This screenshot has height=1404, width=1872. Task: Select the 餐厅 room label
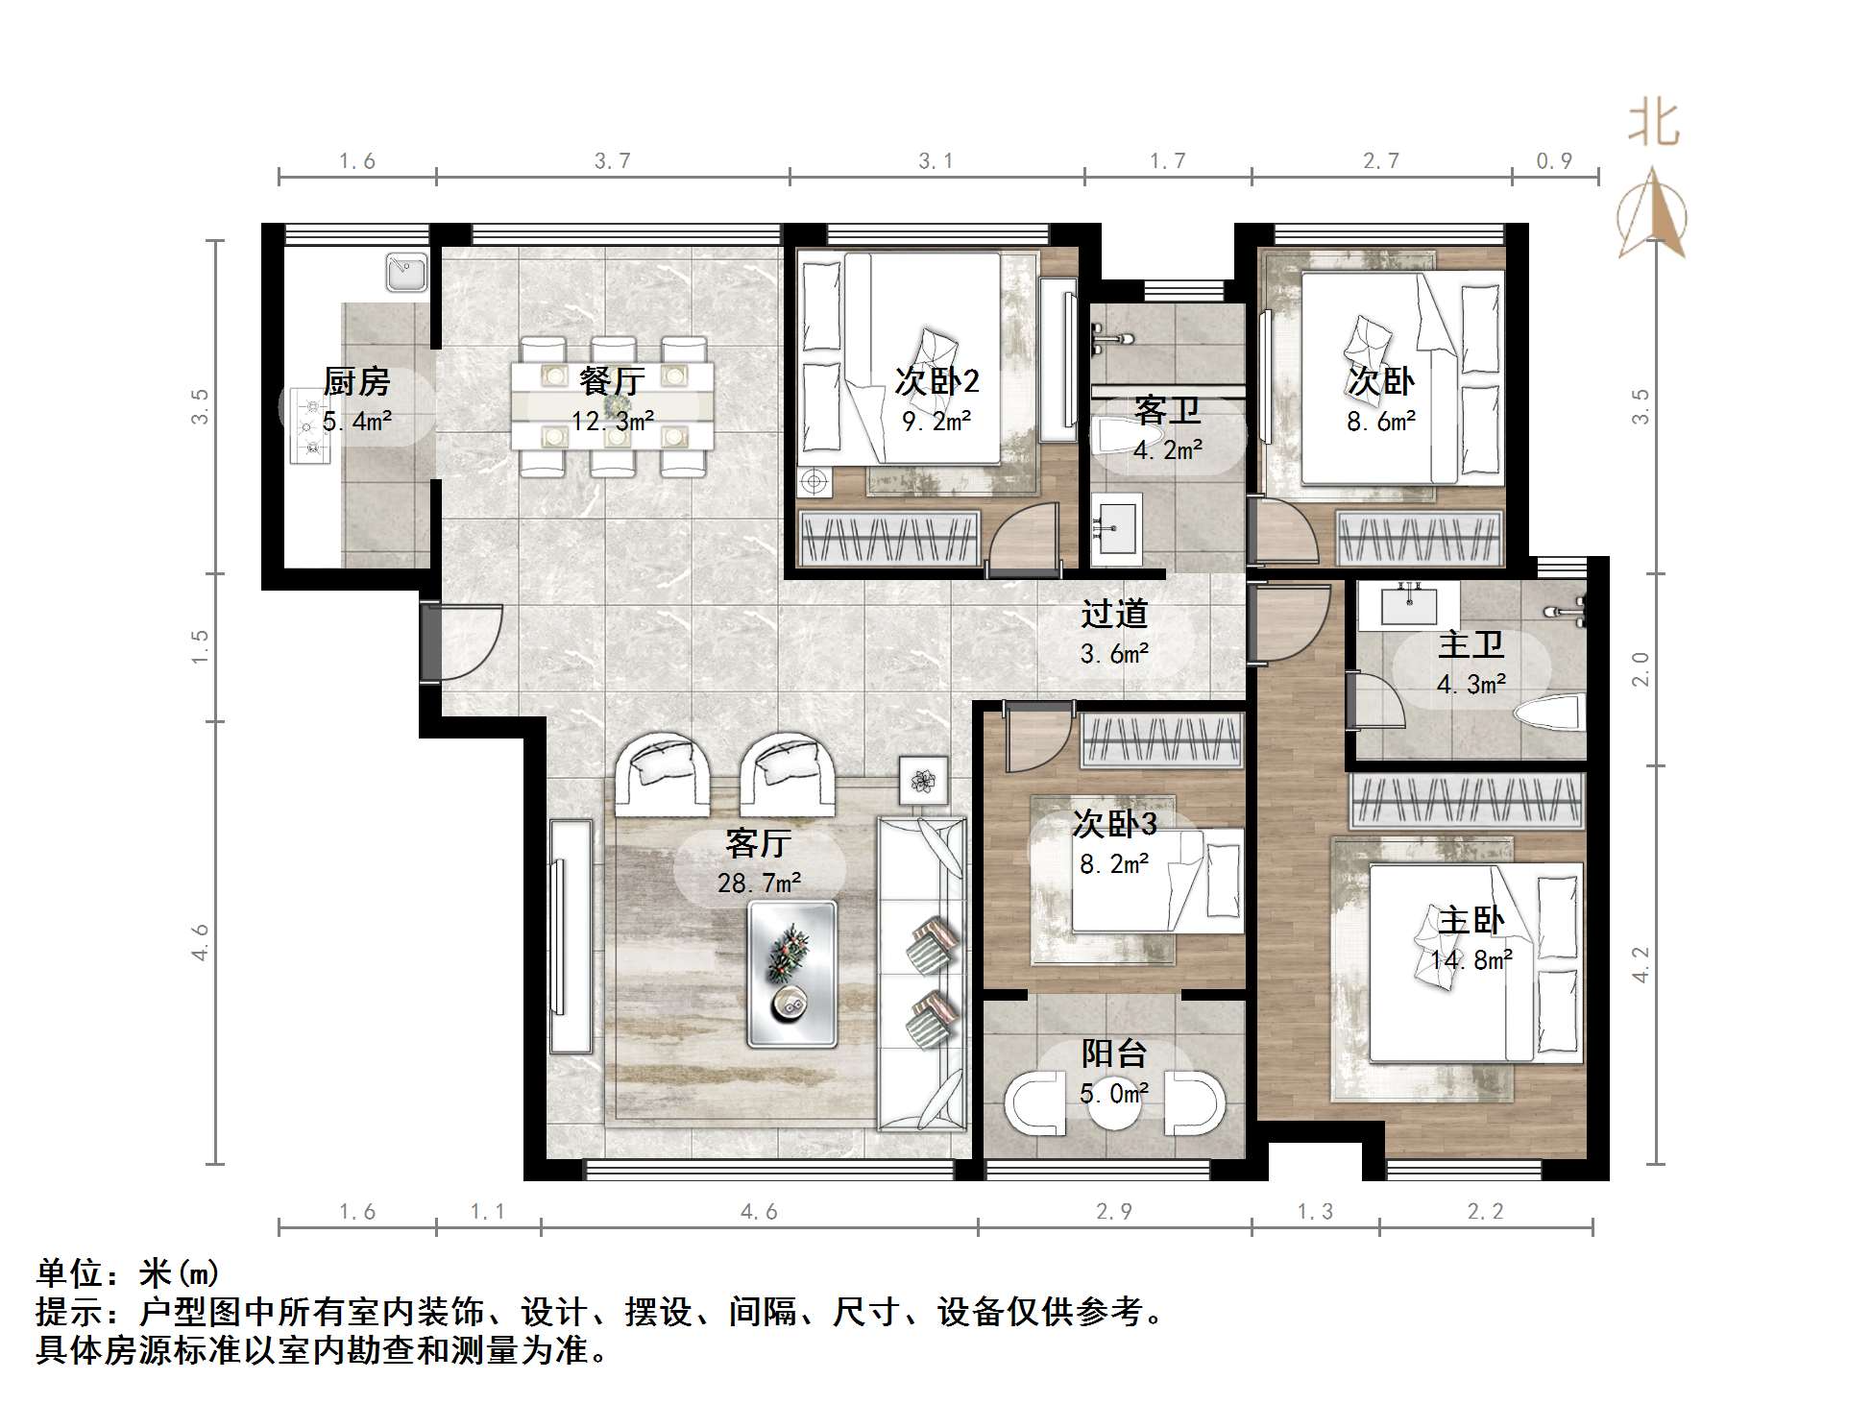(612, 381)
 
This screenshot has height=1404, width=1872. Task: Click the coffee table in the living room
(792, 973)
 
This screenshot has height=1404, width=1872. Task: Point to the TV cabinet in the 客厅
(571, 936)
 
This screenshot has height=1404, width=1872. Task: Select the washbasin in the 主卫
(1409, 605)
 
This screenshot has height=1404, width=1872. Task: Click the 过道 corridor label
(1114, 614)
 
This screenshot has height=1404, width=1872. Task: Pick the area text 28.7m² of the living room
(760, 883)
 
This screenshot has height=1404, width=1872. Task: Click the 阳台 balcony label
(1114, 1053)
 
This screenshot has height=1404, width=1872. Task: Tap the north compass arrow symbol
(1652, 213)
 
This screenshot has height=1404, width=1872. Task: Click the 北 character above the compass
(1653, 123)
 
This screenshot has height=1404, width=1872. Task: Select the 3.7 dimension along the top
(612, 161)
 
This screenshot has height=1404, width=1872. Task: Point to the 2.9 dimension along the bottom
(1114, 1212)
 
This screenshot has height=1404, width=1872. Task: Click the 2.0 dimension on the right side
(1641, 668)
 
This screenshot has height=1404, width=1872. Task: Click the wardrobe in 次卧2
(889, 537)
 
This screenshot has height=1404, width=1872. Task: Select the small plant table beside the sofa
(923, 780)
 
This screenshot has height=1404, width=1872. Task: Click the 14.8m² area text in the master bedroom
(1471, 959)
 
